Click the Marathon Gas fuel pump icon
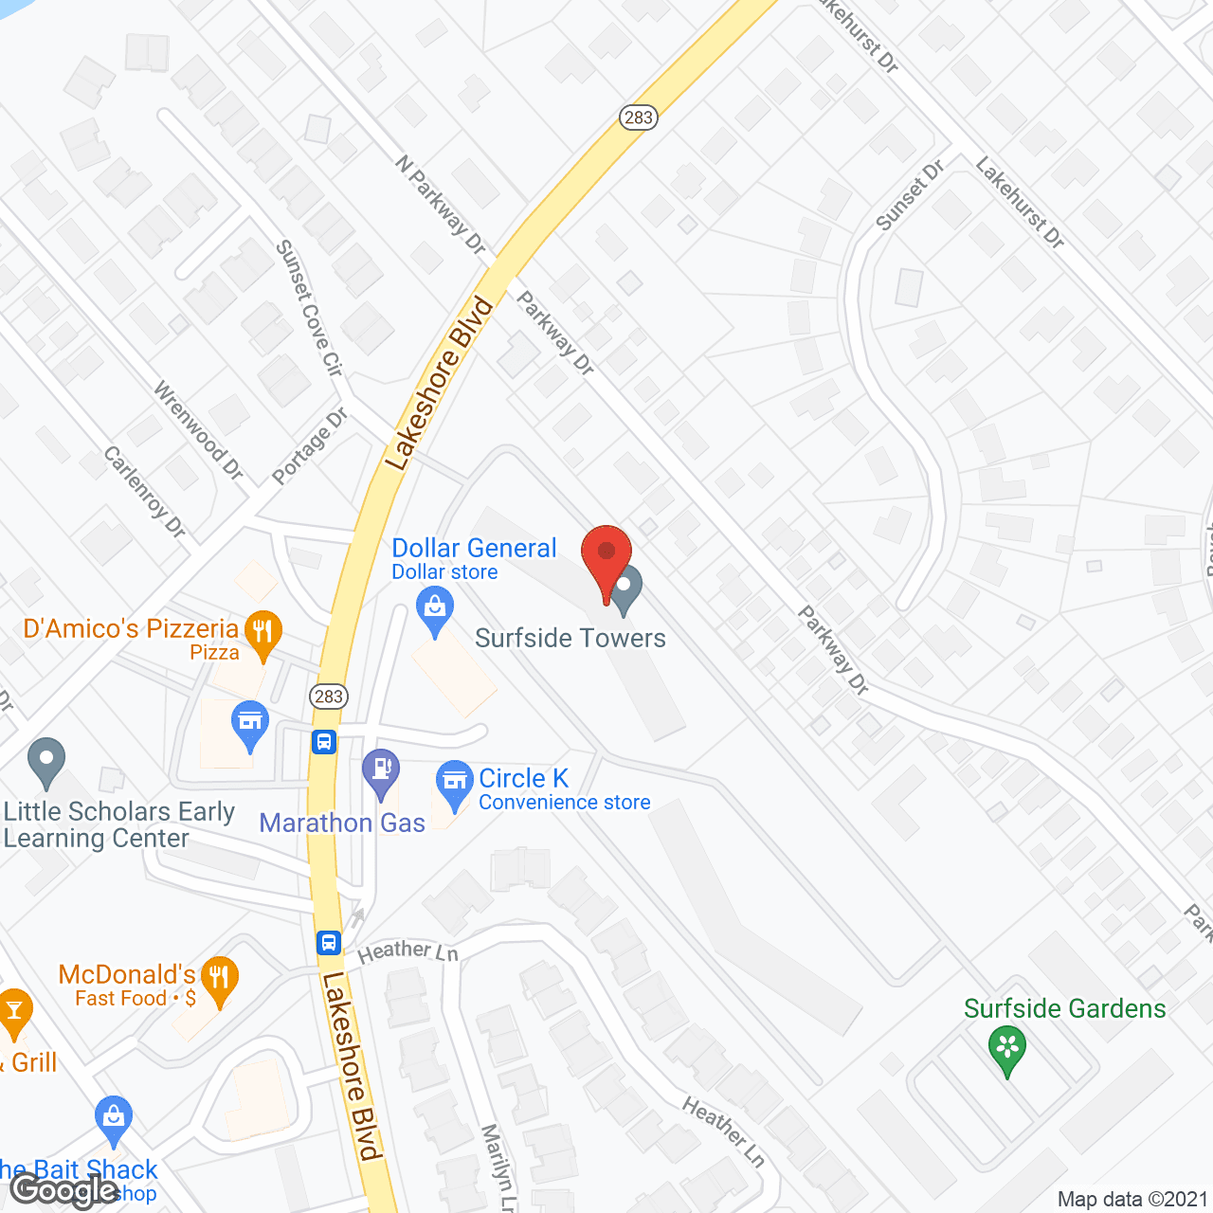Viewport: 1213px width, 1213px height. pyautogui.click(x=381, y=771)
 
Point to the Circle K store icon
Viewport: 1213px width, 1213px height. pyautogui.click(x=455, y=783)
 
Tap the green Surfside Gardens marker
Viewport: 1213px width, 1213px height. pyautogui.click(x=1006, y=1049)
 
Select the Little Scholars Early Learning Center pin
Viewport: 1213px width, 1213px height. pyautogui.click(x=46, y=761)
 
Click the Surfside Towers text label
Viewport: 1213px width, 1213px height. pyautogui.click(x=570, y=639)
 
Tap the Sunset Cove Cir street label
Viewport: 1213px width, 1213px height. pyautogui.click(x=309, y=307)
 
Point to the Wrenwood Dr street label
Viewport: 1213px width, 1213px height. pyautogui.click(x=199, y=430)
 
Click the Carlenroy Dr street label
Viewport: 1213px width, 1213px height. pyautogui.click(x=145, y=492)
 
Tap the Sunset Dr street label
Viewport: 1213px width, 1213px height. pyautogui.click(x=910, y=195)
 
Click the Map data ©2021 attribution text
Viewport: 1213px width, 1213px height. pyautogui.click(x=1132, y=1200)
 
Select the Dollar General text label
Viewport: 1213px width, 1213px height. pyautogui.click(x=474, y=549)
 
